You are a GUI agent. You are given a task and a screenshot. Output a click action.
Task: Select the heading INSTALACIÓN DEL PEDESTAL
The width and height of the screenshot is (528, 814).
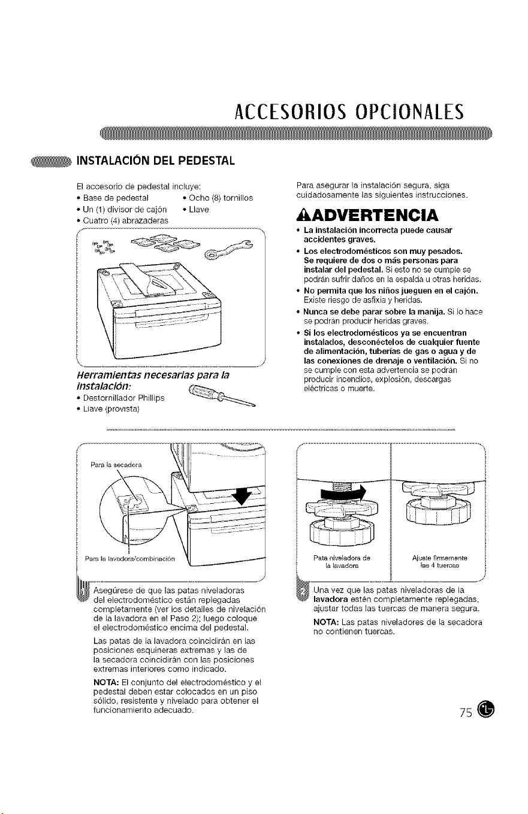click(x=155, y=161)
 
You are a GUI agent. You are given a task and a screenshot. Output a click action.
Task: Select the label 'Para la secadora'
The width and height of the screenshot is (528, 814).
click(x=116, y=465)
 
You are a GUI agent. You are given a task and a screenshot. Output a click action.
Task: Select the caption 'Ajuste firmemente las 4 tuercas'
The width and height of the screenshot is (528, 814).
click(x=440, y=562)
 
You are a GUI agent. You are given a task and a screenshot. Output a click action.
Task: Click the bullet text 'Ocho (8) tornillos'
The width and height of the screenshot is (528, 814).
click(x=221, y=198)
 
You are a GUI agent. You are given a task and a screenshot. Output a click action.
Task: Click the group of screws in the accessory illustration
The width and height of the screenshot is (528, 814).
click(x=104, y=247)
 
